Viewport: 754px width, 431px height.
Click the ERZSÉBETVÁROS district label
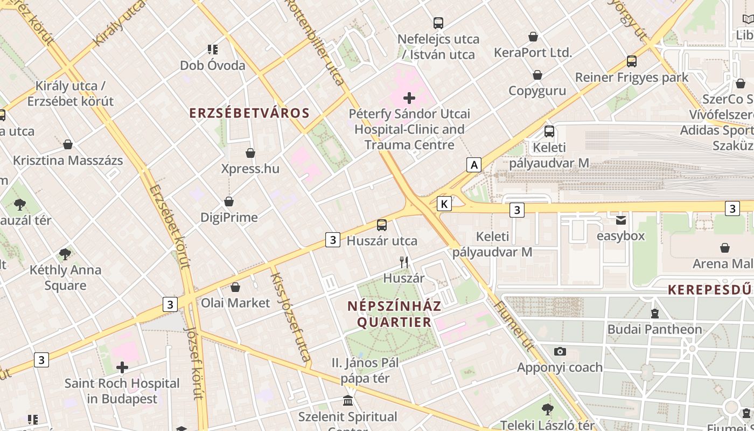coord(249,113)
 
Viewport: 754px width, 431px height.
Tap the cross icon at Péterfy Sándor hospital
coord(409,98)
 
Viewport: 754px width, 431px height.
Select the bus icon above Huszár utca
coord(382,225)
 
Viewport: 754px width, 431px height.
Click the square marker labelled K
coord(444,204)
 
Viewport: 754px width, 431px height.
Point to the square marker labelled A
coord(473,165)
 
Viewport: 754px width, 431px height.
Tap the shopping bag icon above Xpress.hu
coord(250,154)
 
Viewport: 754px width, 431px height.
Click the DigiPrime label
coord(229,218)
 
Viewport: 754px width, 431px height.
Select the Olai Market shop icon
coord(235,288)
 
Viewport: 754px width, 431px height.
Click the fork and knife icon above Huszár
coord(404,262)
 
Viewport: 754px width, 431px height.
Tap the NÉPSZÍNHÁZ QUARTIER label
coord(394,314)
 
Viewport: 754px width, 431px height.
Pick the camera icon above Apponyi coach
coord(560,352)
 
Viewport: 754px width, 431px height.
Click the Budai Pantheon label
coord(654,329)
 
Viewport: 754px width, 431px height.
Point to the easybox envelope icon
coord(621,220)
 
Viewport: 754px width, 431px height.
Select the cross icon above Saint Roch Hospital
coord(122,368)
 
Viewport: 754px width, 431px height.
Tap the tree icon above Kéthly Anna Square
coord(65,254)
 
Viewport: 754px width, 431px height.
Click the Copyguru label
coord(537,91)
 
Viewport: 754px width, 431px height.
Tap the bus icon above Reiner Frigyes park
coord(631,61)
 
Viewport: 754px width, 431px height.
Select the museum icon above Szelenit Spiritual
coord(348,401)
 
